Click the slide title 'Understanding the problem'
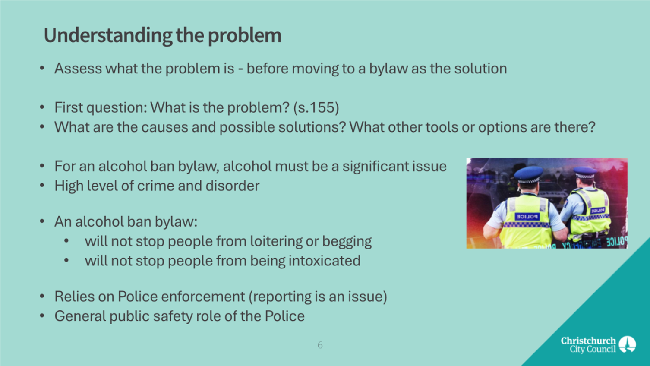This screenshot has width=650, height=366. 162,35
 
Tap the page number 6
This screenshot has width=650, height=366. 320,345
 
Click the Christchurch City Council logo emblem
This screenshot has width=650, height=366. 628,344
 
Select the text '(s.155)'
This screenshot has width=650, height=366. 316,107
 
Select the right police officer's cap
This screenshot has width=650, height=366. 585,172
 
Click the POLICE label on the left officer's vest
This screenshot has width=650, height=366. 527,217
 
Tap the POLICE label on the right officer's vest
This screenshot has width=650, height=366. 598,211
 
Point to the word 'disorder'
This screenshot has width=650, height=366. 233,186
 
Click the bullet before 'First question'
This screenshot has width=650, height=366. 42,107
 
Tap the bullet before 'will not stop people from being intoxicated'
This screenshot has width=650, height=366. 66,260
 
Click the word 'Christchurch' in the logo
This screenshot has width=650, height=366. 588,341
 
